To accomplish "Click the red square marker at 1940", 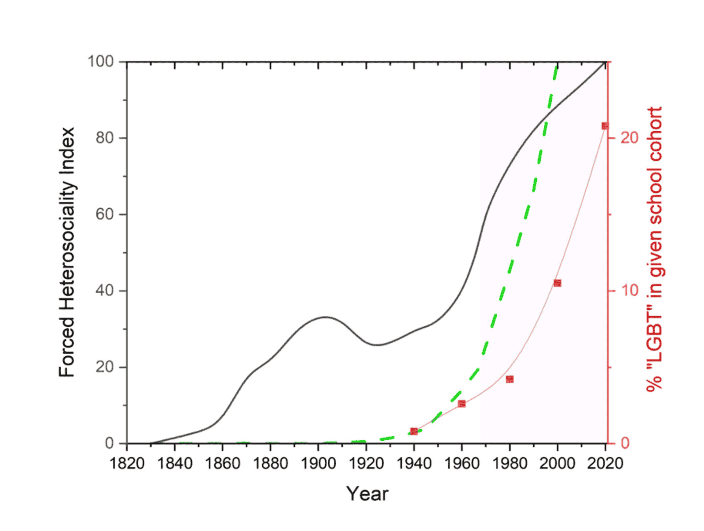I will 414,431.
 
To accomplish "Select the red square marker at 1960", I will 462,403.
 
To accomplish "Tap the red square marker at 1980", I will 510,379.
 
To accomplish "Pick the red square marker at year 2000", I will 557,283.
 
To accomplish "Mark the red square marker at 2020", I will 605,126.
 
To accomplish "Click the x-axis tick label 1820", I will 127,463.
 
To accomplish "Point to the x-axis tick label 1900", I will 318,463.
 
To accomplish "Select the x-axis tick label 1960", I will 462,463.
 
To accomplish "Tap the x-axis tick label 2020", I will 605,463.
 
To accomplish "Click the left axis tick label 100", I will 101,62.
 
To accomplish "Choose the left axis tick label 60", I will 105,214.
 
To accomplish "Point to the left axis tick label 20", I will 105,367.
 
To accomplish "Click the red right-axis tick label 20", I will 629,138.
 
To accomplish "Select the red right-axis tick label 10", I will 629,291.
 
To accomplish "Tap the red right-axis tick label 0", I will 625,443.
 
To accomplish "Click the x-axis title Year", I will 367,494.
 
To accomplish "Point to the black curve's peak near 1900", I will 325,317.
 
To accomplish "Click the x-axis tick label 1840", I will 175,463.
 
